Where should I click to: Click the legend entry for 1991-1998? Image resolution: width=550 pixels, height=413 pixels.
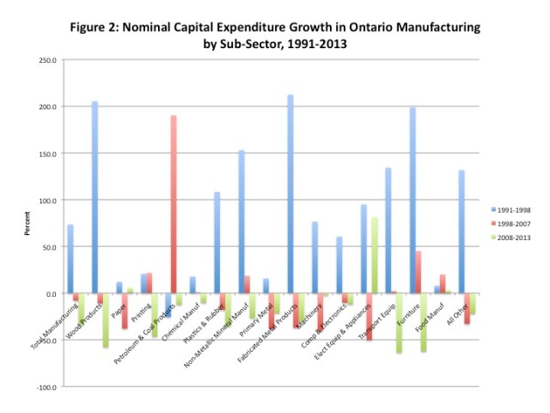click(x=511, y=209)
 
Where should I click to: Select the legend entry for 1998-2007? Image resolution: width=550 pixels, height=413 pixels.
click(x=511, y=223)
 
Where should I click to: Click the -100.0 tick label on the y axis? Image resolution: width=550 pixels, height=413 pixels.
click(x=46, y=387)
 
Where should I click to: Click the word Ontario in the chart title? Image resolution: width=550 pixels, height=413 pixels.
click(x=331, y=28)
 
